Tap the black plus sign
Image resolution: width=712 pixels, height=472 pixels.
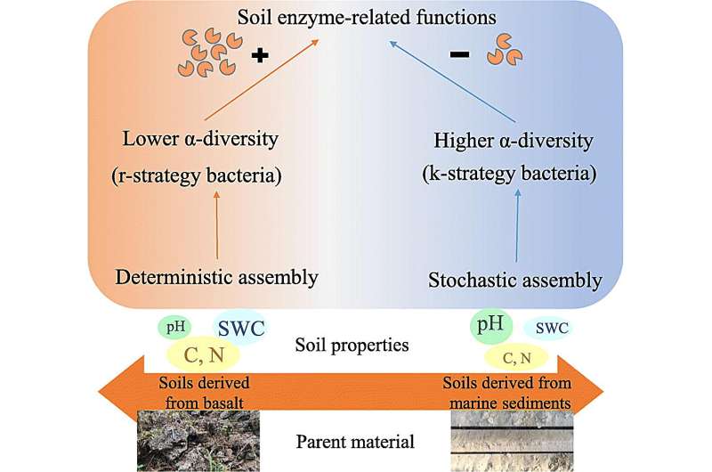260,55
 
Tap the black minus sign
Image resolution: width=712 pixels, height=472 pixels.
459,55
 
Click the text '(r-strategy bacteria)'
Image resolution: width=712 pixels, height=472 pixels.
203,175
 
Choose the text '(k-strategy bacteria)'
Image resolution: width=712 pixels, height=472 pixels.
520,175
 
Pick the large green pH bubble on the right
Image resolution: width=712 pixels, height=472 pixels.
489,326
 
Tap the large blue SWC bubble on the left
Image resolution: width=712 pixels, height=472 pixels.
241,326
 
